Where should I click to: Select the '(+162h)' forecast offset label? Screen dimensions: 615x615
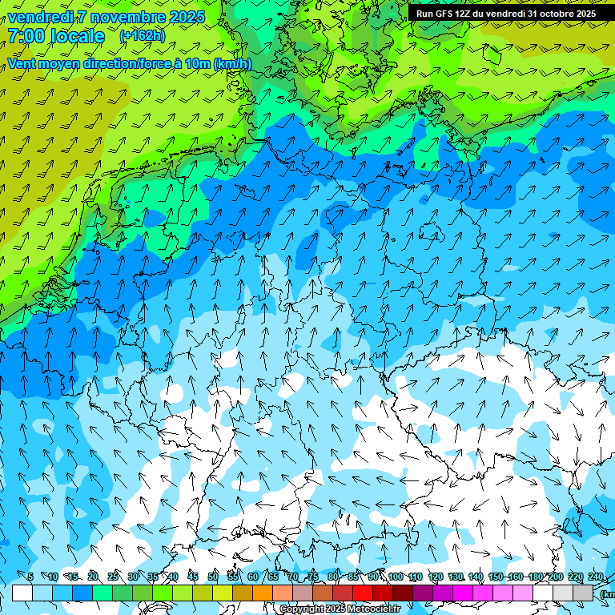142,36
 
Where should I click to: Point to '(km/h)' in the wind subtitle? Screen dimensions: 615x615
232,64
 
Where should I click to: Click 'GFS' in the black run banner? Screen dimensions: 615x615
441,14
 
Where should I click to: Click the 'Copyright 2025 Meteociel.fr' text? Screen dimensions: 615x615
339,609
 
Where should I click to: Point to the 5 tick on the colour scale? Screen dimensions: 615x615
30,577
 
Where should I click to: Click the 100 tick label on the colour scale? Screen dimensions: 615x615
395,577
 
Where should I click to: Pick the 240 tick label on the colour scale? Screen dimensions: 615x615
595,577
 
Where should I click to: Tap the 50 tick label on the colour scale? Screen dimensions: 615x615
212,577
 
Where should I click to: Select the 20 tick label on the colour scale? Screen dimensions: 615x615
92,577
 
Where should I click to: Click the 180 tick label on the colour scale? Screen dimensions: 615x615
535,577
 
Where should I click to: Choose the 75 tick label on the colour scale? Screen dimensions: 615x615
312,577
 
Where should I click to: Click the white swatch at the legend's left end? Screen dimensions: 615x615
22,593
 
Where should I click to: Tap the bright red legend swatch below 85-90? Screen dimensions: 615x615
363,593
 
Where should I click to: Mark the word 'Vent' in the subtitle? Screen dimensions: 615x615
22,64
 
